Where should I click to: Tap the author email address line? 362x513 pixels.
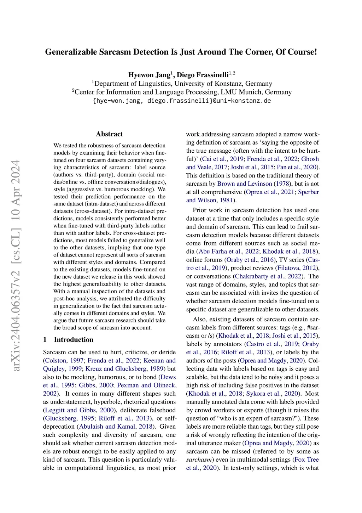point(181,101)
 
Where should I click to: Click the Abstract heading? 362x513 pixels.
point(109,134)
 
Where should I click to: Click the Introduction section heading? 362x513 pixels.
point(74,339)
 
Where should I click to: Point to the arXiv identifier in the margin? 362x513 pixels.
point(16,266)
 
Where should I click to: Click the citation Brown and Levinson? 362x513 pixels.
point(245,184)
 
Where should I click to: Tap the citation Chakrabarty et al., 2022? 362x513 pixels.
point(268,276)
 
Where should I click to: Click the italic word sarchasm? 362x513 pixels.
point(200,460)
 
